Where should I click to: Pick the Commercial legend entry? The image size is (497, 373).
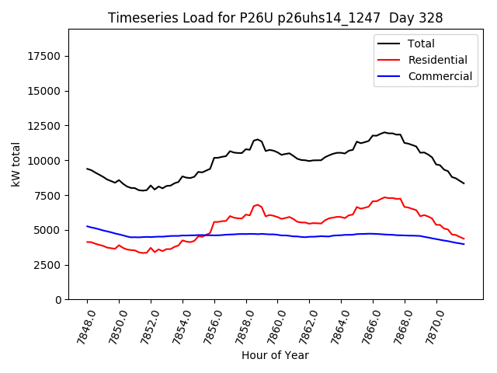point(440,76)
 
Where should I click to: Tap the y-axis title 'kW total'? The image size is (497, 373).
point(16,165)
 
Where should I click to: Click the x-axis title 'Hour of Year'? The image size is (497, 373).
point(275,355)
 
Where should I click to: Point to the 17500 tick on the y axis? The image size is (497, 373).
point(45,56)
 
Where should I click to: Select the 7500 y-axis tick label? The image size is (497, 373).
point(48,195)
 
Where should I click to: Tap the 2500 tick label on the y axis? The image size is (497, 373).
point(48,265)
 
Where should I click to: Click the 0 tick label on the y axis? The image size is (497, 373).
point(58,300)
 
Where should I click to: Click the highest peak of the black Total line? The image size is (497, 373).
point(384,132)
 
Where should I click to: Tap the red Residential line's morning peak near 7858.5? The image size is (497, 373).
point(257,205)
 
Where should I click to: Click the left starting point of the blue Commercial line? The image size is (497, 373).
point(87,226)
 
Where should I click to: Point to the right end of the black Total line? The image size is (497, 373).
point(464,183)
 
